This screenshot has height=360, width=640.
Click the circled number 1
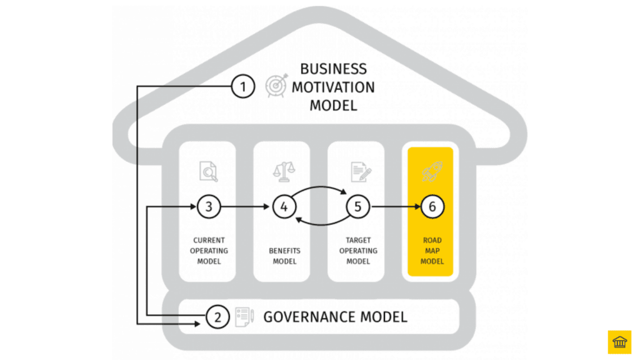pyautogui.click(x=243, y=86)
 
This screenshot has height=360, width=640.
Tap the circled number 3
pyautogui.click(x=209, y=207)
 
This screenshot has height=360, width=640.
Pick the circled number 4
pyautogui.click(x=284, y=207)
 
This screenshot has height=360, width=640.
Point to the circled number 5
pyautogui.click(x=358, y=207)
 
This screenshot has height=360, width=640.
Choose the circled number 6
pyautogui.click(x=432, y=207)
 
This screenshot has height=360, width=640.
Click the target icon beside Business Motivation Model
pyautogui.click(x=276, y=86)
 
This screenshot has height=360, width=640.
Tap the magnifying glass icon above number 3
pyautogui.click(x=209, y=171)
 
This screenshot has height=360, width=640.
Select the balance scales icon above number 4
pyautogui.click(x=284, y=171)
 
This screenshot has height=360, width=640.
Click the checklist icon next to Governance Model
pyautogui.click(x=244, y=317)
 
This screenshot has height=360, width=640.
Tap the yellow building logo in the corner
pyautogui.click(x=619, y=342)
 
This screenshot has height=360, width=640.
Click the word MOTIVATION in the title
pyautogui.click(x=333, y=87)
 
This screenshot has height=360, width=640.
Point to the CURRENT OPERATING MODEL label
pyautogui.click(x=209, y=251)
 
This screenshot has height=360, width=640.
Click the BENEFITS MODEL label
pyautogui.click(x=284, y=256)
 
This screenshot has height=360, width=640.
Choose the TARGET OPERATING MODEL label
pyautogui.click(x=358, y=251)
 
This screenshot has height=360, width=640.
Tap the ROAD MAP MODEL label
pyautogui.click(x=432, y=251)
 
